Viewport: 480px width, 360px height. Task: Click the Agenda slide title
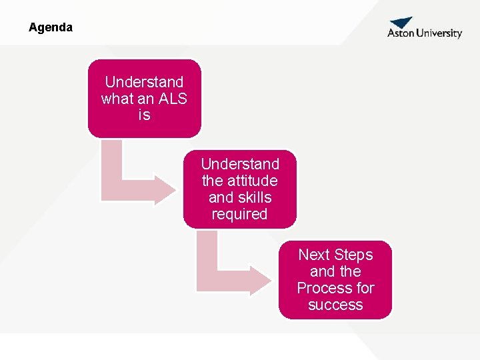tap(51, 28)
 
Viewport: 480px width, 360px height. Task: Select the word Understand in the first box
tap(144, 82)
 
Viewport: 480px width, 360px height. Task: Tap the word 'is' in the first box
tap(144, 115)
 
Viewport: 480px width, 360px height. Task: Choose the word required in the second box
tap(239, 214)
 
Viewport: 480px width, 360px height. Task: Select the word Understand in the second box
tap(240, 164)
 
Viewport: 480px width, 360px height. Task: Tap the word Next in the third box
tap(313, 255)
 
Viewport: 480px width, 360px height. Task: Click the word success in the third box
tap(335, 305)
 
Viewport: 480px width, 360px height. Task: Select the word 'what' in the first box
tap(117, 99)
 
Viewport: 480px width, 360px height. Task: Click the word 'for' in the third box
tap(366, 288)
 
